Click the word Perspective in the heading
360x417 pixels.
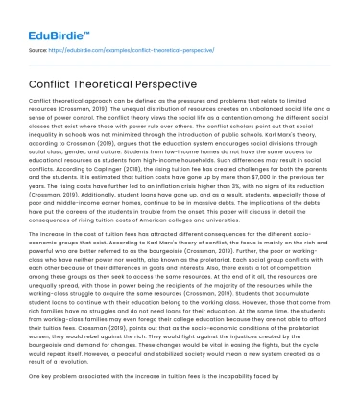pyautogui.click(x=169, y=82)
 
